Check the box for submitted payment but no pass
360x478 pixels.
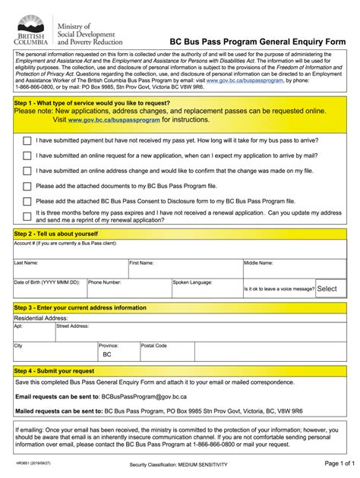pos(27,140)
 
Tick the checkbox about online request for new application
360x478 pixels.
pos(27,156)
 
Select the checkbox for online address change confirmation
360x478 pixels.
pos(27,171)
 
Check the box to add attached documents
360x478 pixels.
pos(27,186)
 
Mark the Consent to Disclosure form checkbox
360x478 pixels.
pos(27,201)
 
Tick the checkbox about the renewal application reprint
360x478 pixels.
pos(27,216)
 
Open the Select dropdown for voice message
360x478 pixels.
pos(327,288)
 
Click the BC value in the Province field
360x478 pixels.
pos(107,354)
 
